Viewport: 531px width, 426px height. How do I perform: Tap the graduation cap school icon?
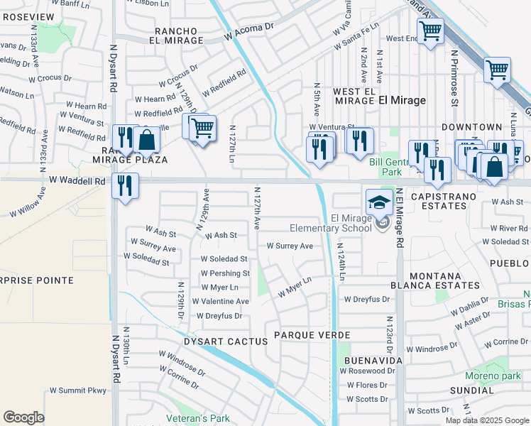tap(379, 202)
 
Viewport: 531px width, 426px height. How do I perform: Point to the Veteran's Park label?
tap(204, 418)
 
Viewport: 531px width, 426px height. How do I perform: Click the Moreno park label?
tap(493, 376)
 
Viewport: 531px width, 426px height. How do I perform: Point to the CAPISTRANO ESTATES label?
tap(447, 200)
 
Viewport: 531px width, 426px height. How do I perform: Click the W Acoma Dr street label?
tap(248, 31)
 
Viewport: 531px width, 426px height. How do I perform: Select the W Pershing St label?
tap(224, 273)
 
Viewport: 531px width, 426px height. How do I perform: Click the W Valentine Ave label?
tap(220, 301)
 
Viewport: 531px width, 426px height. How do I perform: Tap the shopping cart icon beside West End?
tap(429, 31)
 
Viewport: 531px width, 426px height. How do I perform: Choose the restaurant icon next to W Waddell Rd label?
tap(125, 186)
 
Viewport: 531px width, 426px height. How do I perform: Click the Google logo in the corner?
tap(23, 417)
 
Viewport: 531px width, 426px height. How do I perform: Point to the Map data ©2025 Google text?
tap(487, 420)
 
